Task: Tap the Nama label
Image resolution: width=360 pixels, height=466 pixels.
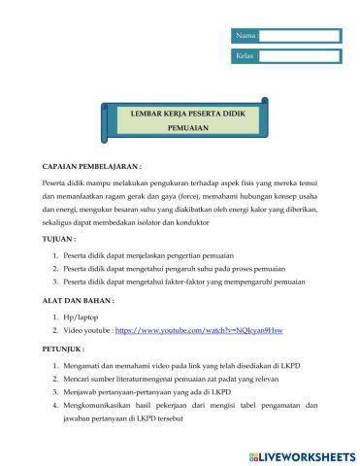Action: [245, 36]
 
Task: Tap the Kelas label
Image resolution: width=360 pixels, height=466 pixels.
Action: [245, 56]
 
